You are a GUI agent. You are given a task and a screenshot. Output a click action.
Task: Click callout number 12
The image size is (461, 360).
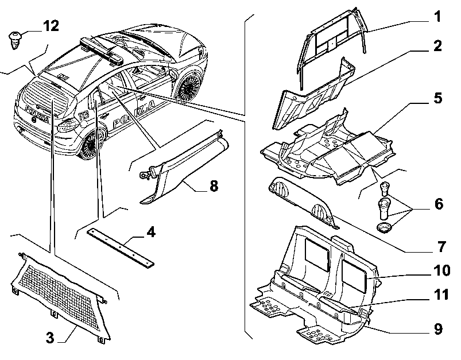pos(51,26)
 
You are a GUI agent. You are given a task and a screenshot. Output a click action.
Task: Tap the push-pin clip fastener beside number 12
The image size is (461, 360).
pos(15,40)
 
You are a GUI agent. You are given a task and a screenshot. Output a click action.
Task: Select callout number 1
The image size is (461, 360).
pos(438,17)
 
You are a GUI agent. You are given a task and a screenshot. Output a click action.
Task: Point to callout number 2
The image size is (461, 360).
pos(437,46)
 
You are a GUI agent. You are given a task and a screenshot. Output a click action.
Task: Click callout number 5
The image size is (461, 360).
pos(438,98)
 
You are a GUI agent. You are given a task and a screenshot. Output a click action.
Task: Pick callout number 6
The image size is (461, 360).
pos(439,204)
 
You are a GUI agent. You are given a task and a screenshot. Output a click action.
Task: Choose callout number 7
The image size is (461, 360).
pos(441,246)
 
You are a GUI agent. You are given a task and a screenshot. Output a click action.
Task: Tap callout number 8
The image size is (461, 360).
pos(214,186)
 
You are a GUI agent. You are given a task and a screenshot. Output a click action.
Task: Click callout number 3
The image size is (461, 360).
pos(50,338)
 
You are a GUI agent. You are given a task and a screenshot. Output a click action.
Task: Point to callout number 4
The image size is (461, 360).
pos(150,233)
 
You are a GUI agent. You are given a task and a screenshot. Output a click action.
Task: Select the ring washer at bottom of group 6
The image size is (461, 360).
pos(383,228)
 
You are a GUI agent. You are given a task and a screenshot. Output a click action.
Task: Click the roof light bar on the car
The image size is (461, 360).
pos(102,51)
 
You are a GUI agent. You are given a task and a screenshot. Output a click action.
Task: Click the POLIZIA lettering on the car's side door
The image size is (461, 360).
pos(134,114)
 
